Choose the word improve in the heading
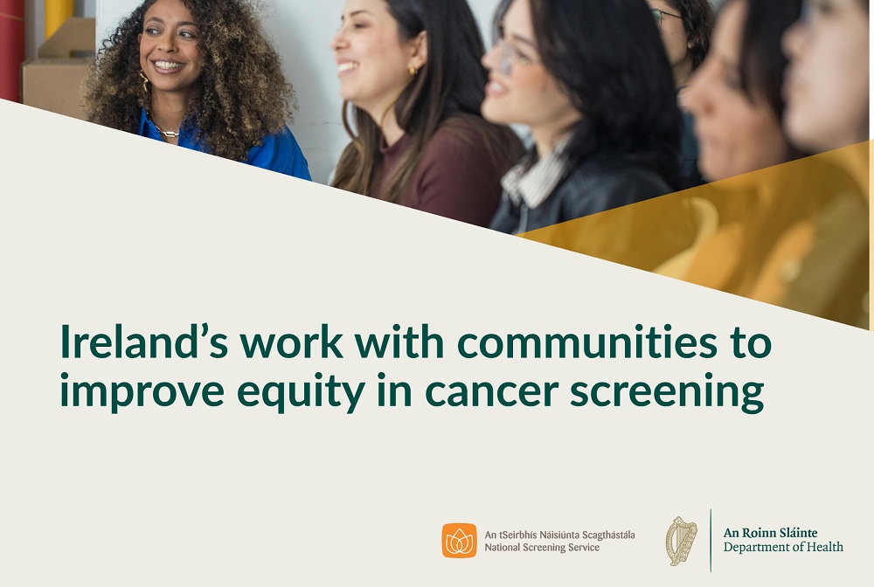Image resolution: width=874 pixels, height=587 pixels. tap(133, 392)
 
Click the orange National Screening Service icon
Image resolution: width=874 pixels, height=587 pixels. tap(459, 541)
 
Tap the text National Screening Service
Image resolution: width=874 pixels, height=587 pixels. tap(542, 548)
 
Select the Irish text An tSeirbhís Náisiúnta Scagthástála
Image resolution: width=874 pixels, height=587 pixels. tap(559, 534)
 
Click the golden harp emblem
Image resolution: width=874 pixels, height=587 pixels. tap(682, 541)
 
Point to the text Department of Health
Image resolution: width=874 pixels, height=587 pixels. tap(783, 548)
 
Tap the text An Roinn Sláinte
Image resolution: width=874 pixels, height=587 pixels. tap(771, 533)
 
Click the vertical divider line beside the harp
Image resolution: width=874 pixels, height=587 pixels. tap(711, 540)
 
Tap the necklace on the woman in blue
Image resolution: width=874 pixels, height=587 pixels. tap(167, 133)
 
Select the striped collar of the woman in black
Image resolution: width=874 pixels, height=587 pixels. tap(533, 175)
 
